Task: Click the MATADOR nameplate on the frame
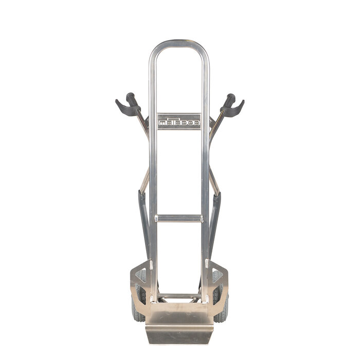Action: (179, 121)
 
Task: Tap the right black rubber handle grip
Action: (228, 99)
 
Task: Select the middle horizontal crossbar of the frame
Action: (179, 218)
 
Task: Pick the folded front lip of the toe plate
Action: (179, 336)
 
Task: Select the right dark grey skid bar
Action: (215, 221)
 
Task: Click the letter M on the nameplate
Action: (163, 123)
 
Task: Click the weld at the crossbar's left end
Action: (156, 218)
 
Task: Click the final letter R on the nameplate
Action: (196, 123)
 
